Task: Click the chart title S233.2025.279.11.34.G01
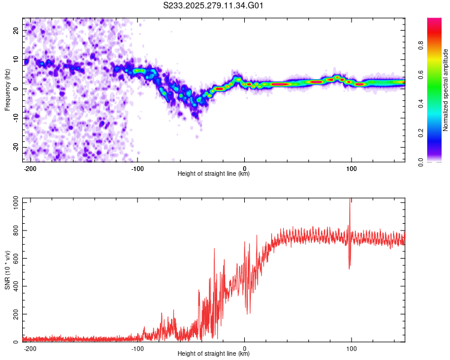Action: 214,5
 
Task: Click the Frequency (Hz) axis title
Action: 7,90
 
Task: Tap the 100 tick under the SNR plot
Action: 351,348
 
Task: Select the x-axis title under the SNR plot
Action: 214,355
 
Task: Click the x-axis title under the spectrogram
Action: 214,174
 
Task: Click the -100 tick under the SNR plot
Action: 137,348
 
